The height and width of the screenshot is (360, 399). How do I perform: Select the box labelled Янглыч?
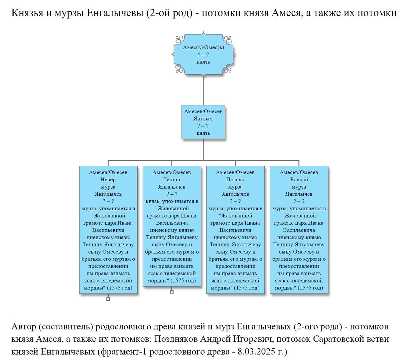pyautogui.click(x=203, y=122)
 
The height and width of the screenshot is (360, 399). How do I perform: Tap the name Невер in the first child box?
pyautogui.click(x=108, y=180)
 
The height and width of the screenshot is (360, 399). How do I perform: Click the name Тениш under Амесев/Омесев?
pyautogui.click(x=172, y=180)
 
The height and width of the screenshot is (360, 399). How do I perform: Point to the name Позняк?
pyautogui.click(x=235, y=180)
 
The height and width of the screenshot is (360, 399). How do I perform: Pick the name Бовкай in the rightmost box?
pyautogui.click(x=299, y=180)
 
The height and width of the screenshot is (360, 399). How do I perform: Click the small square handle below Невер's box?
pyautogui.click(x=108, y=299)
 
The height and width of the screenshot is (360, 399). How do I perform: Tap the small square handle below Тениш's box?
pyautogui.click(x=172, y=292)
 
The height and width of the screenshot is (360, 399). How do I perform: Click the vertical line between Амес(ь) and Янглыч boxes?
pyautogui.click(x=203, y=90)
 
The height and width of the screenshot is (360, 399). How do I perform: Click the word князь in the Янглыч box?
pyautogui.click(x=203, y=133)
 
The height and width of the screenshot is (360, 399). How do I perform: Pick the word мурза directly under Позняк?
pyautogui.click(x=235, y=187)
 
